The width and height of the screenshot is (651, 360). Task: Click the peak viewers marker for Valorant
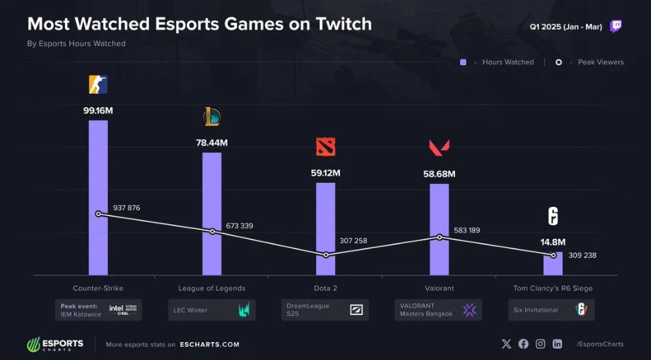point(440,237)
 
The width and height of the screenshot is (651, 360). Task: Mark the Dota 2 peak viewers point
point(325,255)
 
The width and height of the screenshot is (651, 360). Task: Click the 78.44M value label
point(212,143)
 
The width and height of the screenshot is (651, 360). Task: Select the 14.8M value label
point(553,242)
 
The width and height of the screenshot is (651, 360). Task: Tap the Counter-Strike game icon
point(98,84)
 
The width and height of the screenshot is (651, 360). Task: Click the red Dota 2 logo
point(325,147)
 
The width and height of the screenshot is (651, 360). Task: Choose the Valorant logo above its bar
point(439,147)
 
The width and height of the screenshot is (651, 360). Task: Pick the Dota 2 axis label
point(325,288)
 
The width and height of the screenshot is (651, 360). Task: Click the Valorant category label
point(439,288)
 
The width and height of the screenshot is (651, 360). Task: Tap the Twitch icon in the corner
point(616,27)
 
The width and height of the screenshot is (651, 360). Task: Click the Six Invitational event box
point(552,310)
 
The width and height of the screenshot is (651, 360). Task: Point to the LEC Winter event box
point(212,310)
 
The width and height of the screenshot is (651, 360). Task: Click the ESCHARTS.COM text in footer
point(209,344)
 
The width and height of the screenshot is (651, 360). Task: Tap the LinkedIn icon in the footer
point(558,344)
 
